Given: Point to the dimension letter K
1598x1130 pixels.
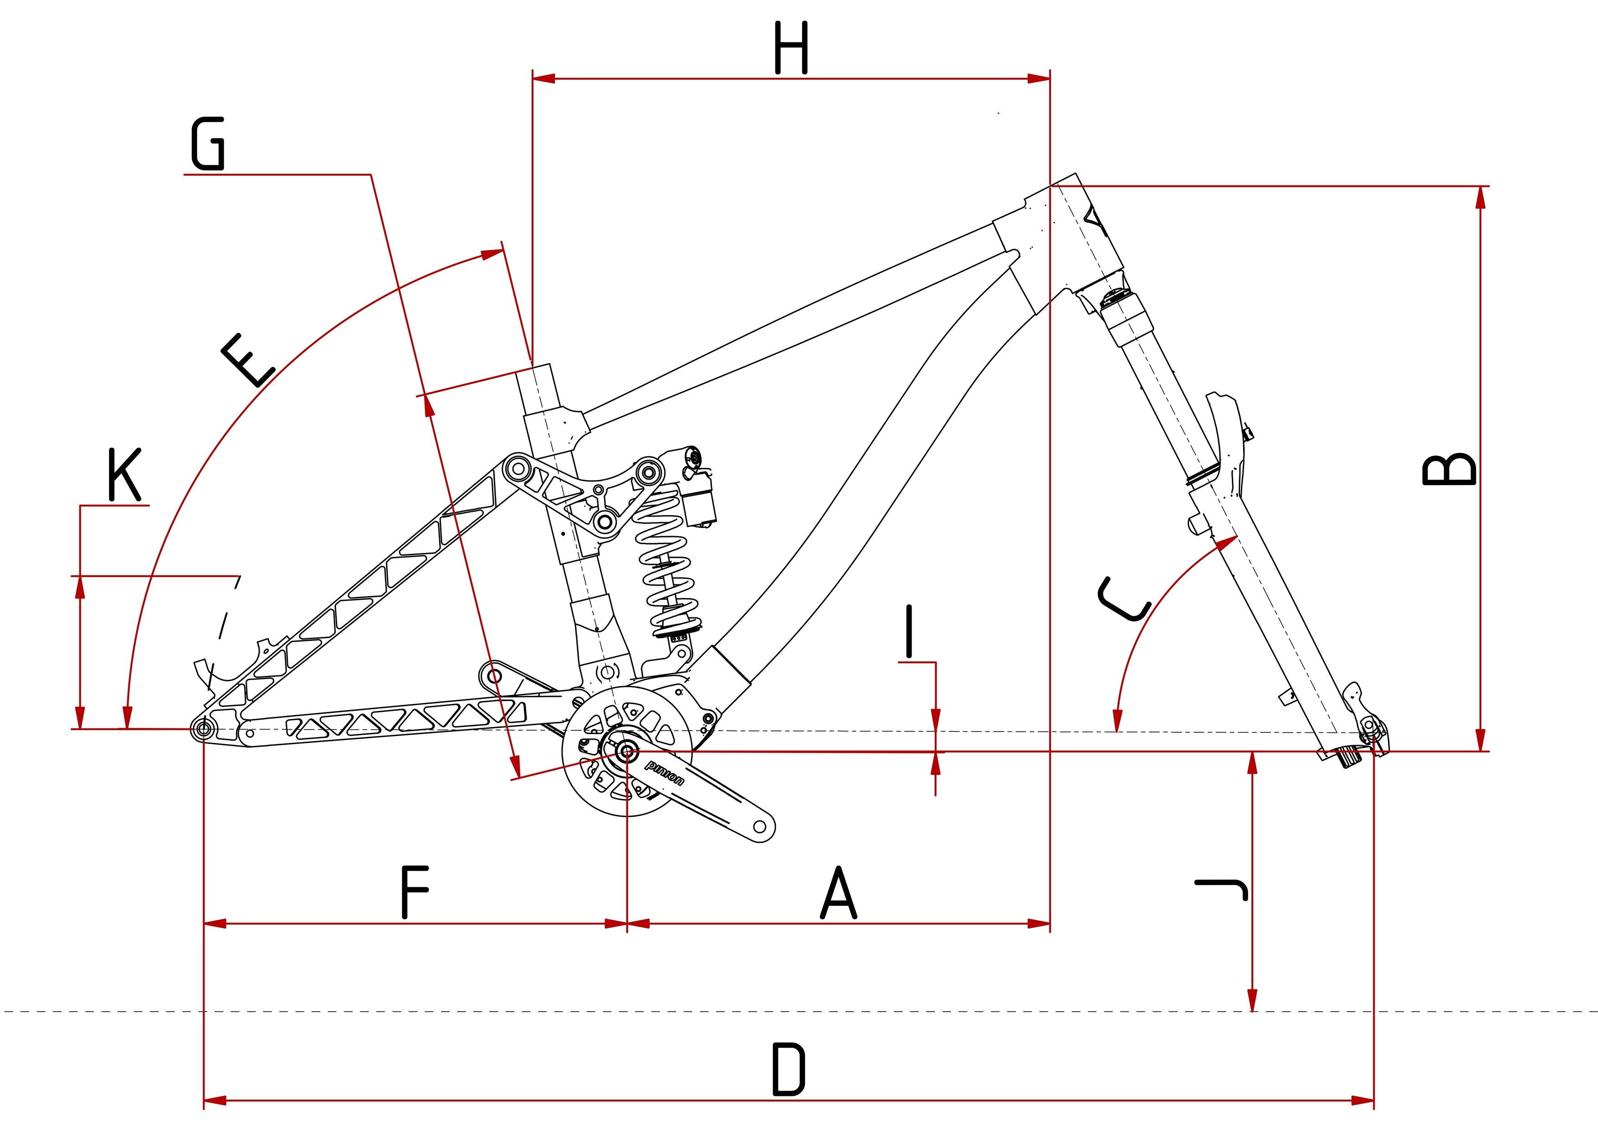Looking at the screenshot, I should (124, 475).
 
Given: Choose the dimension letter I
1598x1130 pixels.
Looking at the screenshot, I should (908, 631).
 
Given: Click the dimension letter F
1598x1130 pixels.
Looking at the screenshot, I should (415, 892).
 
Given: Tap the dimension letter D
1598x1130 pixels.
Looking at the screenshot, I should (789, 1069).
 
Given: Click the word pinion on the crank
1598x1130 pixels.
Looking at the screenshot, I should (665, 772).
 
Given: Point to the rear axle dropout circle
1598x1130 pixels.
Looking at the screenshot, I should (204, 729).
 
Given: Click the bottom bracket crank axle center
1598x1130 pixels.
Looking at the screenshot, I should (626, 752).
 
